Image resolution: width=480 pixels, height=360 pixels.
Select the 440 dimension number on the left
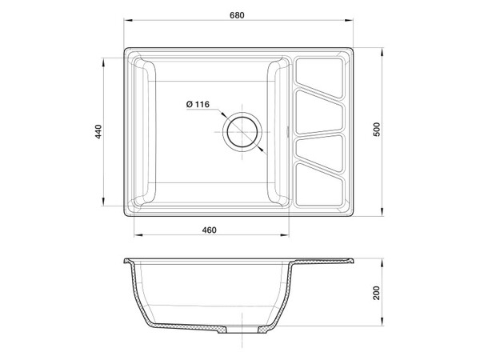pyautogui.click(x=96, y=132)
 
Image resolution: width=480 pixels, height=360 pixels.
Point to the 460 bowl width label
pyautogui.click(x=209, y=230)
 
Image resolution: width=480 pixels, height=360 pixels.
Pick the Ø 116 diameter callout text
pyautogui.click(x=196, y=105)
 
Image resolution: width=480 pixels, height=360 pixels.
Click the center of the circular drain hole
pyautogui.click(x=241, y=132)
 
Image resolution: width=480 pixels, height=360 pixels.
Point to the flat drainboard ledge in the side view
pyautogui.click(x=320, y=260)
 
